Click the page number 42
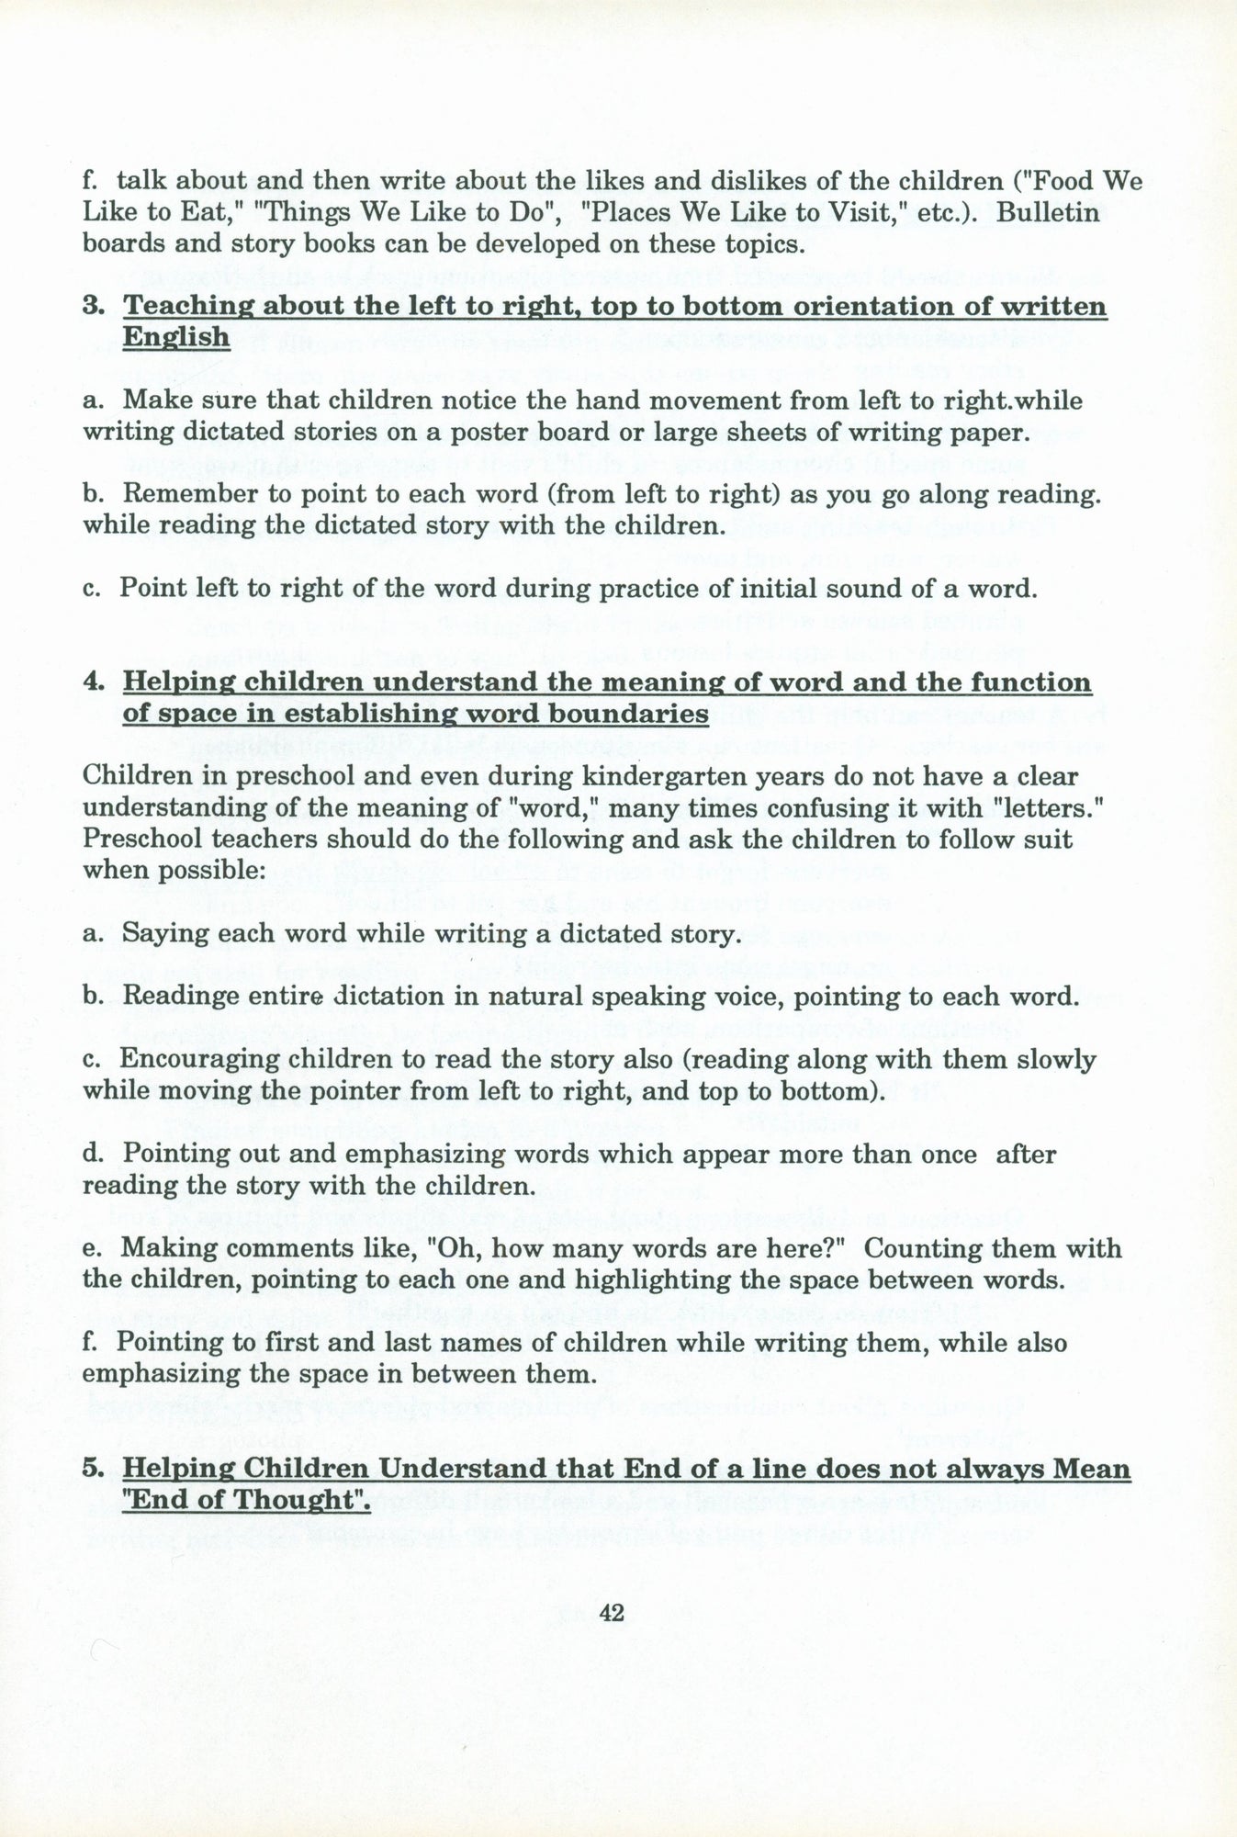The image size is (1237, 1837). (611, 1614)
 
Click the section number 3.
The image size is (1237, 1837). (92, 306)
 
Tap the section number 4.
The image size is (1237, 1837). (92, 682)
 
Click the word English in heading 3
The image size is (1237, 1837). (175, 337)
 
